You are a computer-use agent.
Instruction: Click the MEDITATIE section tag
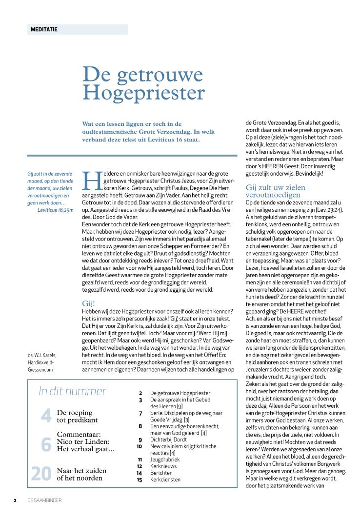click(44, 29)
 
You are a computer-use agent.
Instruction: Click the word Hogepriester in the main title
click(143, 92)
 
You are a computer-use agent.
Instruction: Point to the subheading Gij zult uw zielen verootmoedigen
click(276, 191)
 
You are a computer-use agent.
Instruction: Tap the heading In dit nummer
click(72, 391)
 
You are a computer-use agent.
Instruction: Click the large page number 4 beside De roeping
click(46, 416)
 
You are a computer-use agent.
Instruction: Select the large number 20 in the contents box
click(41, 474)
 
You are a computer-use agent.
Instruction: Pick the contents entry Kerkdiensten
click(165, 480)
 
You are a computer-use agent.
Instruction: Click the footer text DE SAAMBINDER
click(44, 501)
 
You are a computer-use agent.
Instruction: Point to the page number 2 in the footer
click(15, 501)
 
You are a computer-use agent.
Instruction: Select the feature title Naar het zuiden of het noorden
click(81, 474)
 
